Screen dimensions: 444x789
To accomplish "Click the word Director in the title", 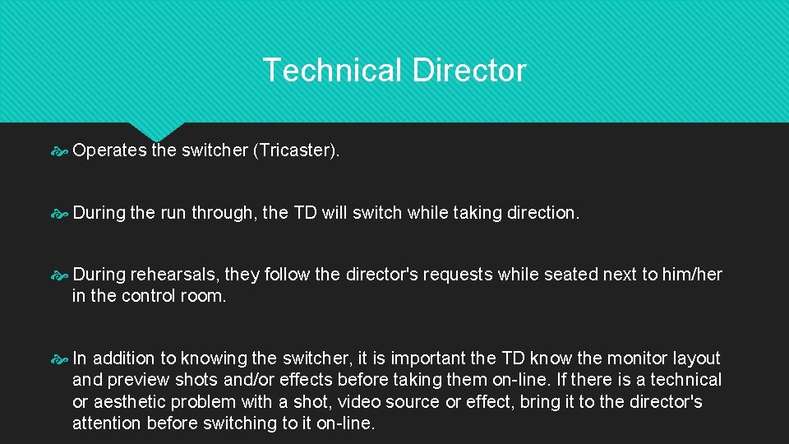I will [469, 71].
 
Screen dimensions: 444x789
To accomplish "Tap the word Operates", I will [109, 150].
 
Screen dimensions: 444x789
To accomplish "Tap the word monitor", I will [640, 358].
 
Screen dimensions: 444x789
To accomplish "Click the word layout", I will [697, 358].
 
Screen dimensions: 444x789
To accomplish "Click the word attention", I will [107, 423].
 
